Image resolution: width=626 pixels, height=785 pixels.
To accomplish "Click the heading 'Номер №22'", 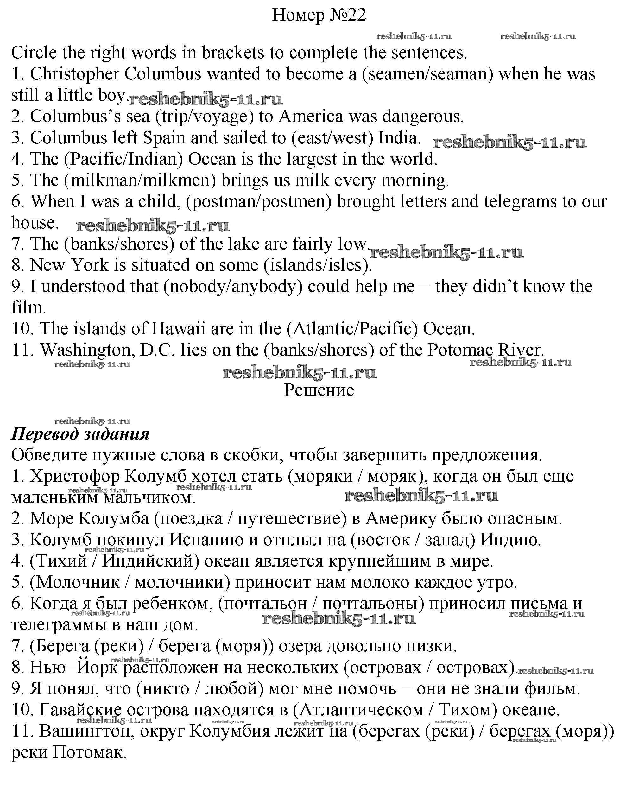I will pyautogui.click(x=319, y=15).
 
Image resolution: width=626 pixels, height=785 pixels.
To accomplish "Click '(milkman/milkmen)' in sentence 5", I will pyautogui.click(x=140, y=180).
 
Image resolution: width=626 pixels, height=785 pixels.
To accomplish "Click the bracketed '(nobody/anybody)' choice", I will pyautogui.click(x=233, y=287).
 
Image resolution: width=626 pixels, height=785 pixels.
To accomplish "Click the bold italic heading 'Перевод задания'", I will pyautogui.click(x=80, y=434).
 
